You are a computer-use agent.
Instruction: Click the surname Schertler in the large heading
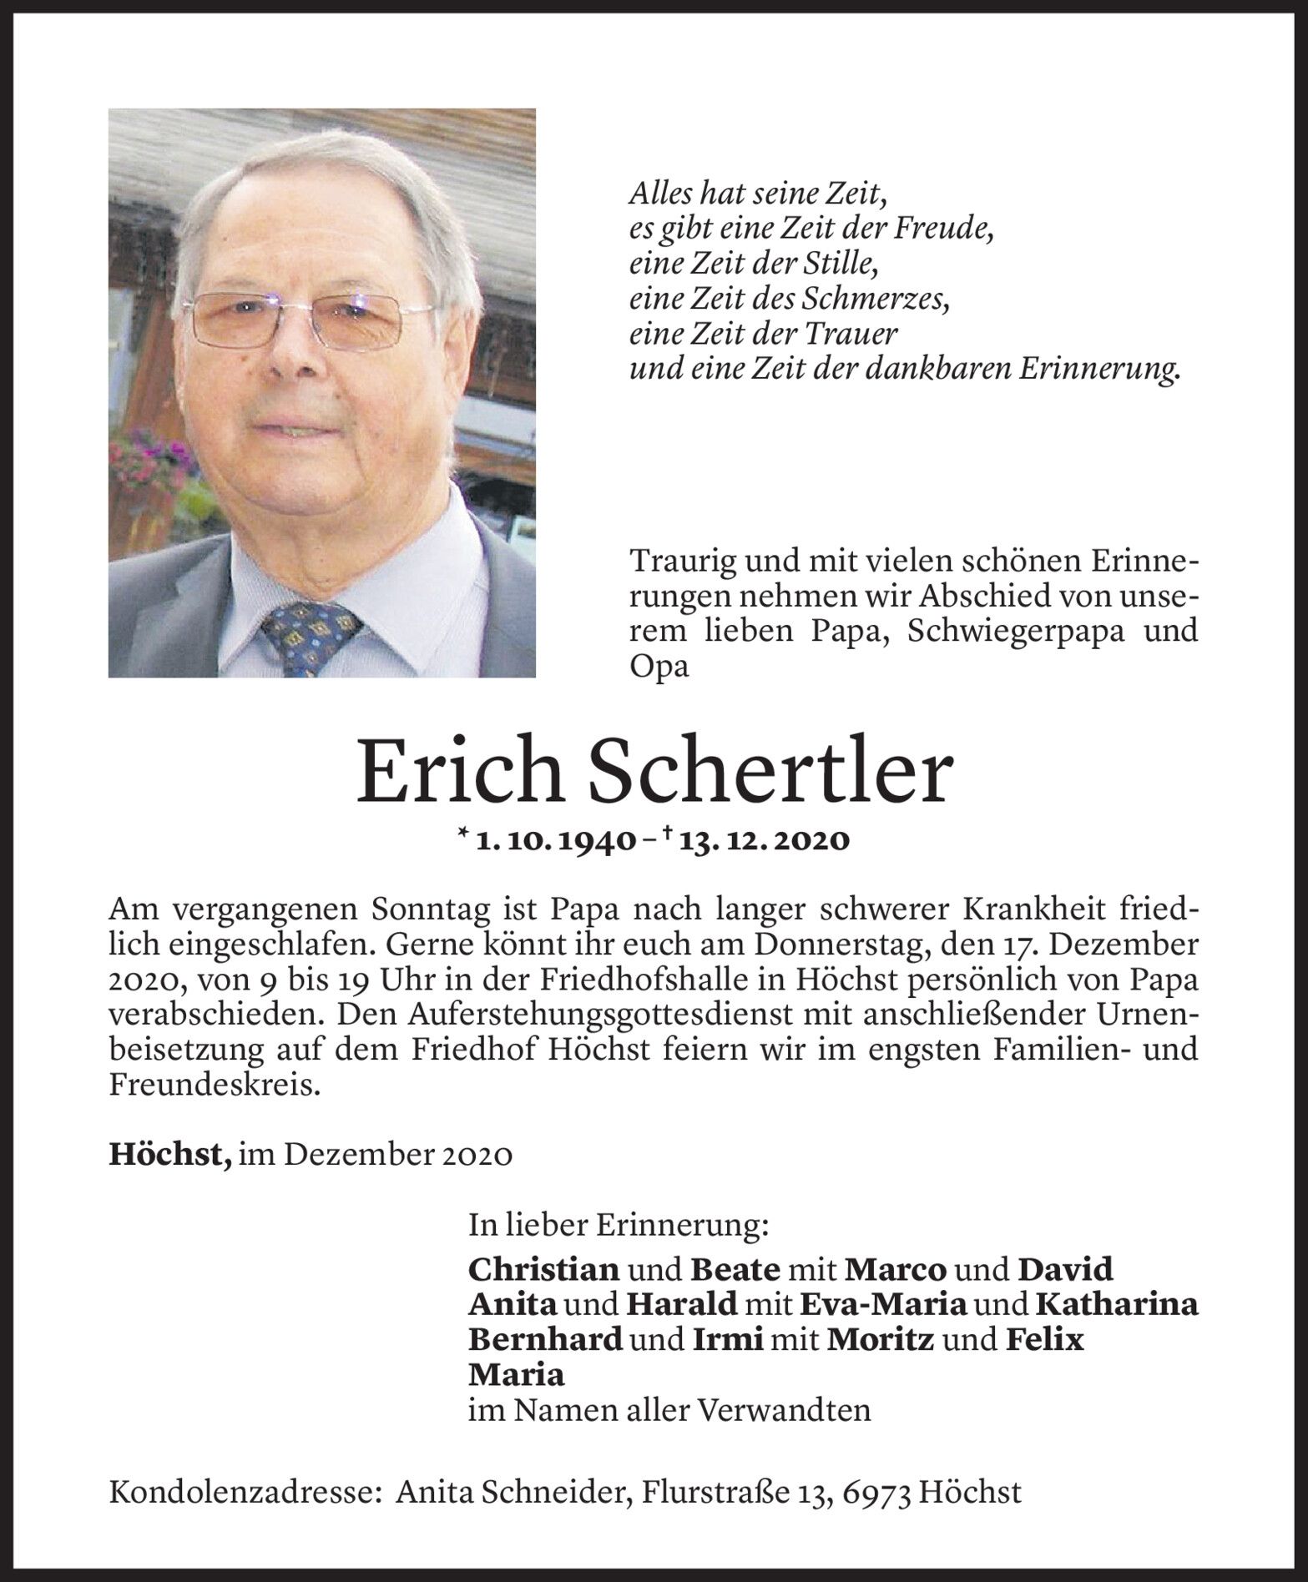point(772,772)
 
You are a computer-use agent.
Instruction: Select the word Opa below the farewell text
point(659,668)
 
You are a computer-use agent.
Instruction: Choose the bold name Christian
point(543,1270)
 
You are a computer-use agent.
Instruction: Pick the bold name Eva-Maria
point(884,1304)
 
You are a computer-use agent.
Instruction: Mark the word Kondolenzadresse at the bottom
point(241,1492)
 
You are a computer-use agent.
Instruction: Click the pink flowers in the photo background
point(145,467)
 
